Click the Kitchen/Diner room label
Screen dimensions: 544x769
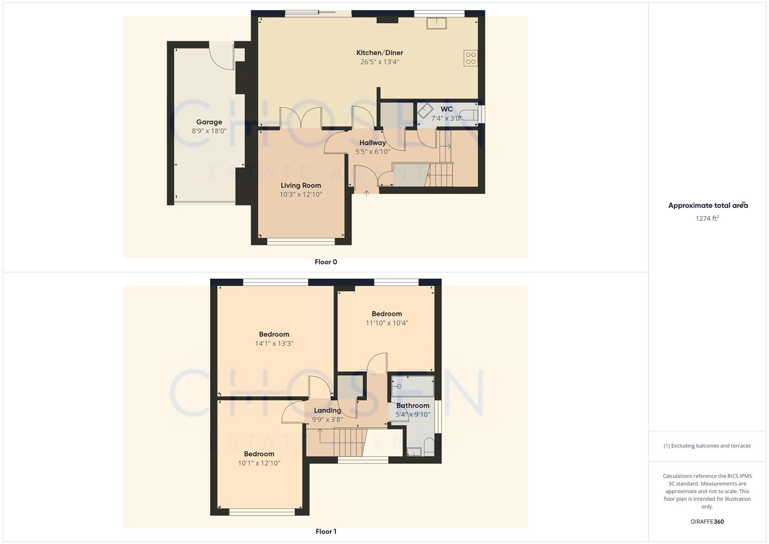tap(379, 53)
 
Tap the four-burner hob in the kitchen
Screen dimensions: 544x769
tap(471, 58)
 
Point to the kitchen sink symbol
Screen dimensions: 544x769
tap(434, 23)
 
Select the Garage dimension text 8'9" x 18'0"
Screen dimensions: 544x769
tap(209, 131)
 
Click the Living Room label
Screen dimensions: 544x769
tap(301, 185)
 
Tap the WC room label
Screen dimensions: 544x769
tap(446, 109)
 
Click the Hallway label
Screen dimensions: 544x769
tap(372, 143)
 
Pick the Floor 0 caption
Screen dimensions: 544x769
tap(326, 262)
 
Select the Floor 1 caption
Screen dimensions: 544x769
tap(326, 531)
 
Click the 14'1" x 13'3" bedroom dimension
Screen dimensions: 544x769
tap(274, 344)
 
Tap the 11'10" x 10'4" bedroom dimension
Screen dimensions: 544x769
tap(387, 323)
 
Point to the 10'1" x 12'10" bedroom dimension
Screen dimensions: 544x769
tap(259, 463)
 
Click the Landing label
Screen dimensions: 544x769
tap(327, 411)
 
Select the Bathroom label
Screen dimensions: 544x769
tap(412, 405)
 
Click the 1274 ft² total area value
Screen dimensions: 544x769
tap(707, 218)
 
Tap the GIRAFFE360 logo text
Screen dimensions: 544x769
tap(707, 521)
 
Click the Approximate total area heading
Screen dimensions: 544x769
tap(708, 206)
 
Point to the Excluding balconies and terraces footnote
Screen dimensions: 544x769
tap(707, 446)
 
